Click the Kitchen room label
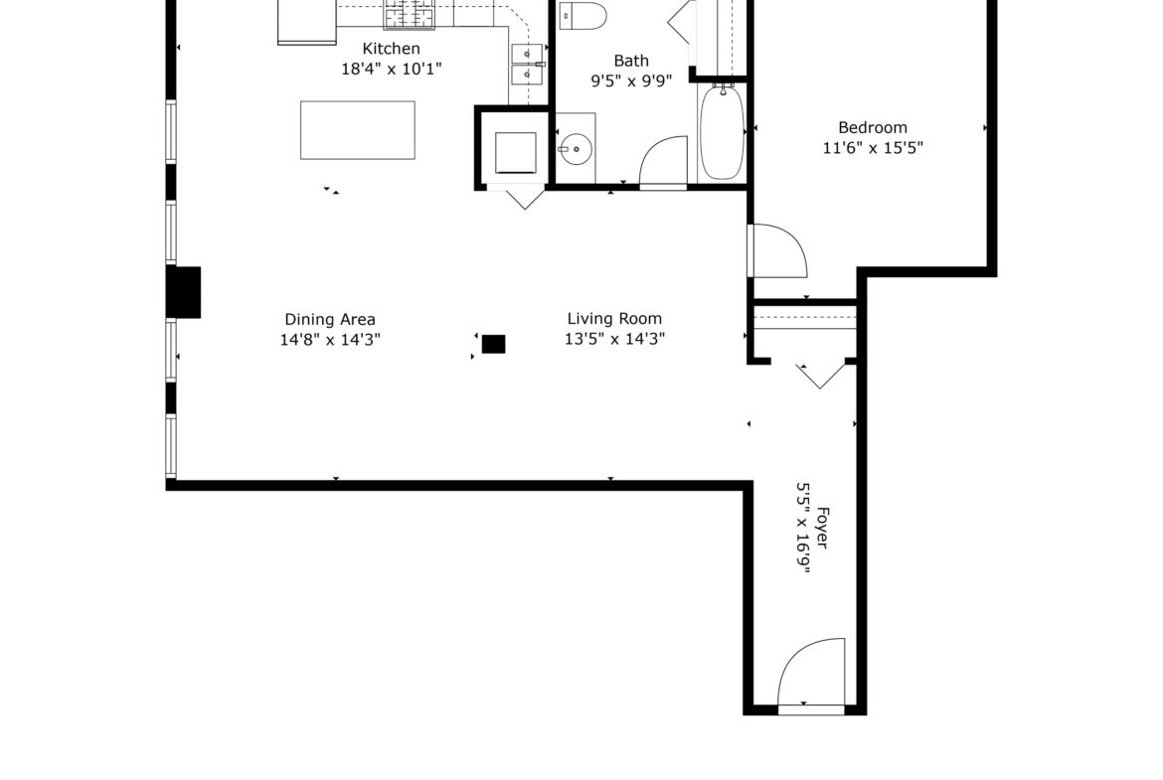pyautogui.click(x=391, y=49)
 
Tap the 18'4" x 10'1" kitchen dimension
pyautogui.click(x=391, y=69)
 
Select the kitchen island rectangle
pyautogui.click(x=358, y=130)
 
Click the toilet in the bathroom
pyautogui.click(x=582, y=16)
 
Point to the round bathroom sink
pyautogui.click(x=576, y=149)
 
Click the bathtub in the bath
pyautogui.click(x=722, y=131)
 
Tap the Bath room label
pyautogui.click(x=631, y=61)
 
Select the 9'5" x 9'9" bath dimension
pyautogui.click(x=631, y=80)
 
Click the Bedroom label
pyautogui.click(x=873, y=127)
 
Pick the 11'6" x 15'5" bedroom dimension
pyautogui.click(x=873, y=147)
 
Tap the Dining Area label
pyautogui.click(x=330, y=320)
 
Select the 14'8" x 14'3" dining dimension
pyautogui.click(x=330, y=340)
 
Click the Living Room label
pyautogui.click(x=614, y=319)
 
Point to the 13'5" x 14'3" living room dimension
pyautogui.click(x=614, y=339)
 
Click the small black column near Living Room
pyautogui.click(x=493, y=344)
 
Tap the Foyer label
pyautogui.click(x=821, y=528)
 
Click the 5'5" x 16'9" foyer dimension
pyautogui.click(x=802, y=528)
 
